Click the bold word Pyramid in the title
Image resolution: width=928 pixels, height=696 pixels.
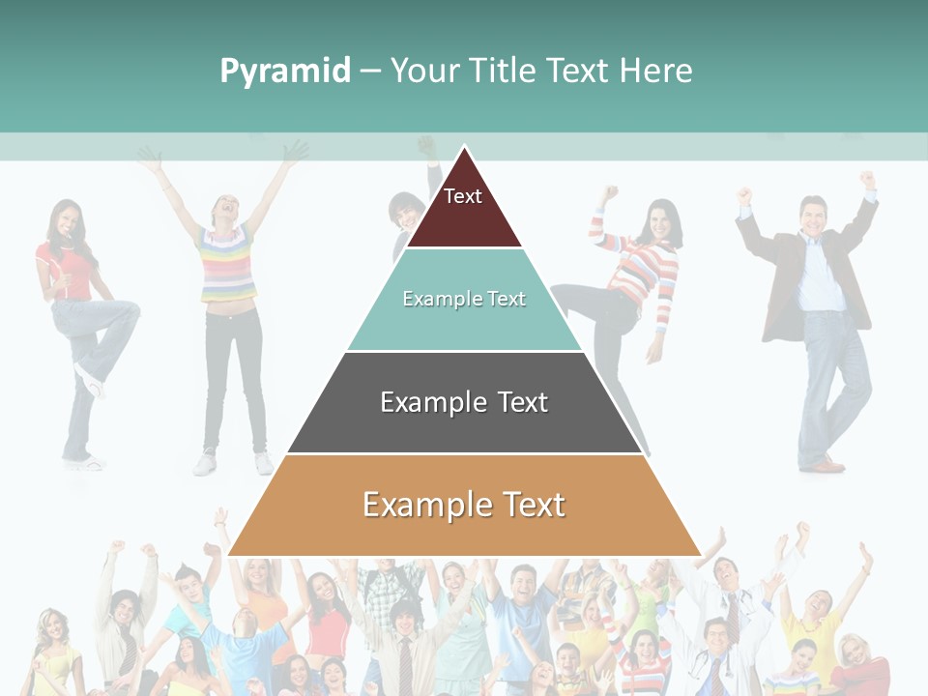pos(285,72)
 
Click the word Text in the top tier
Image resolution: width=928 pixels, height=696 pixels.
pos(463,196)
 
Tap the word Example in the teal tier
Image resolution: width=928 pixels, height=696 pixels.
pos(433,299)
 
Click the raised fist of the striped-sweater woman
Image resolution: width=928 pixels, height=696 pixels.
pos(608,193)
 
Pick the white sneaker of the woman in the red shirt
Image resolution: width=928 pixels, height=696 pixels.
pos(89,383)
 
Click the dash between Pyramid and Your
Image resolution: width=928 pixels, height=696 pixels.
pos(370,72)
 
